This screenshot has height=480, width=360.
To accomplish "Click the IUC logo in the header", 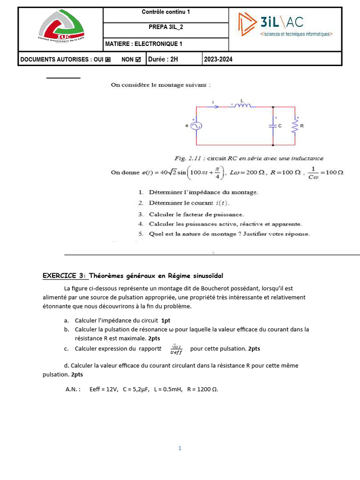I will pyautogui.click(x=60, y=29).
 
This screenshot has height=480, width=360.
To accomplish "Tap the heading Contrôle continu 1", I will pyautogui.click(x=165, y=12).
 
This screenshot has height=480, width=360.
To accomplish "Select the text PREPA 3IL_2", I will pyautogui.click(x=166, y=27).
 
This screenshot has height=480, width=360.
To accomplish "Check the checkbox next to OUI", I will pyautogui.click(x=108, y=60).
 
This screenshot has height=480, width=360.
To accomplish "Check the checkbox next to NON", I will pyautogui.click(x=137, y=60).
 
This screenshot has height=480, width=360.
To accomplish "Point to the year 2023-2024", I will pyautogui.click(x=218, y=59).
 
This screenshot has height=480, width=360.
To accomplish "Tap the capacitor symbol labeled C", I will pyautogui.click(x=273, y=126).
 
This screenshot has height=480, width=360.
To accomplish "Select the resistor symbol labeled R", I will pyautogui.click(x=295, y=126).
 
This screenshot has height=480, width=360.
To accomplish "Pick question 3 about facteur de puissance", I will pyautogui.click(x=196, y=214).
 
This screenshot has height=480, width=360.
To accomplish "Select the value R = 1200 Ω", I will pyautogui.click(x=202, y=389).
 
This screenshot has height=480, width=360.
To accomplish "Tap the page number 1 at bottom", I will pyautogui.click(x=180, y=448).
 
